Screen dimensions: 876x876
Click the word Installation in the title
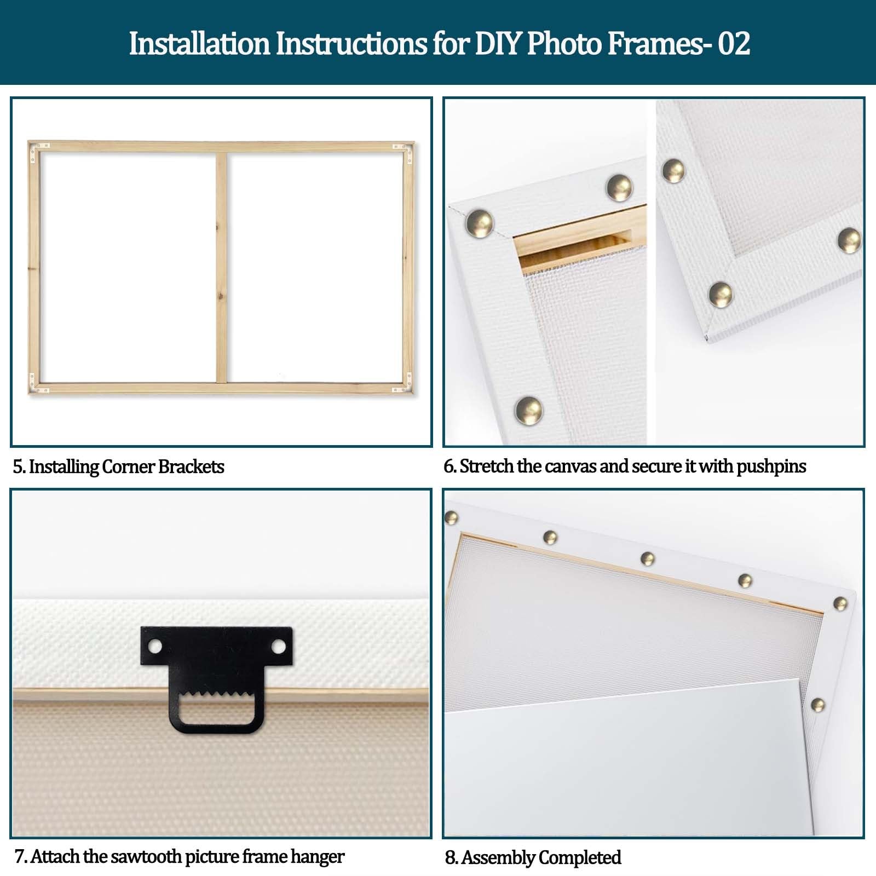199,44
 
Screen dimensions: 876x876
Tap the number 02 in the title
734,44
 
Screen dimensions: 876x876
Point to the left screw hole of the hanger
155,647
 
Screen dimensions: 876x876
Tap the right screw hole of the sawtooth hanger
279,647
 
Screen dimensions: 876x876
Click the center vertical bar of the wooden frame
221,267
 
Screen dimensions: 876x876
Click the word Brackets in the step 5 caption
191,466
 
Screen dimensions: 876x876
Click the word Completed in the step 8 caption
580,857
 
